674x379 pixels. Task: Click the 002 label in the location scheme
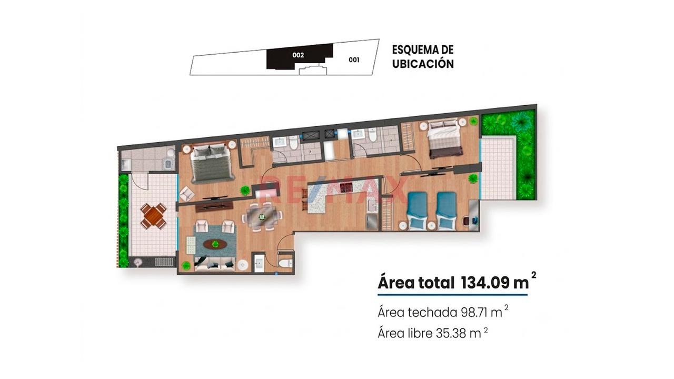pos(298,55)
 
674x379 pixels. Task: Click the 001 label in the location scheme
pos(354,60)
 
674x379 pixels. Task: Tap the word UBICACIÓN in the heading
pos(423,64)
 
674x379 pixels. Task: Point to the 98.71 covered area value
pos(473,313)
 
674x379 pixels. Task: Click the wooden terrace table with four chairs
pos(153,216)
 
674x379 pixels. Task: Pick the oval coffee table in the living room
pos(215,244)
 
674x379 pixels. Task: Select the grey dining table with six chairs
pos(262,216)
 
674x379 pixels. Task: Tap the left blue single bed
pos(417,211)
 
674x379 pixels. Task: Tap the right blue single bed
pos(446,211)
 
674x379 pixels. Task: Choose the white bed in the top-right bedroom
pos(445,138)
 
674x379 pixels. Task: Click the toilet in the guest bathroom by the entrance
pos(285,264)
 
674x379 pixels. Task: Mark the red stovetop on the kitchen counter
pos(346,188)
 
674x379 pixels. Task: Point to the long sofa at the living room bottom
pos(214,264)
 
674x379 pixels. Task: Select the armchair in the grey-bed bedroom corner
pos(186,194)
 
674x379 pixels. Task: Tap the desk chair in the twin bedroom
pos(467,221)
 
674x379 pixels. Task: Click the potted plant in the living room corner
pos(186,266)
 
